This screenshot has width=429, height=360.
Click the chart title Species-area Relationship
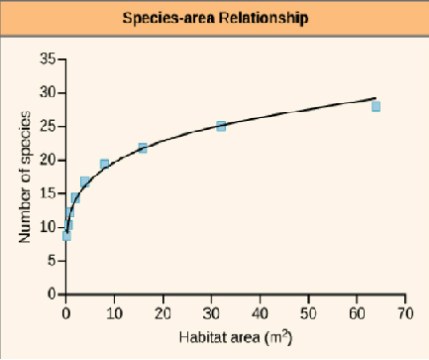coord(214,19)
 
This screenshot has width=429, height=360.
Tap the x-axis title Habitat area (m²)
coord(235,337)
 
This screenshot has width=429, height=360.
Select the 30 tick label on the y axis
coord(48,93)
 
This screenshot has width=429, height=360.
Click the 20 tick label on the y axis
coord(48,161)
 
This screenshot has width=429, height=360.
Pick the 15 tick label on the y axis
coord(48,194)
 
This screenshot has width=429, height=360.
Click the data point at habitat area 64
coord(375,106)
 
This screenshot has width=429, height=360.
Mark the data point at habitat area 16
coord(143,148)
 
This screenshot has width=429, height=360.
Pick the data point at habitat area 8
coord(104,164)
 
